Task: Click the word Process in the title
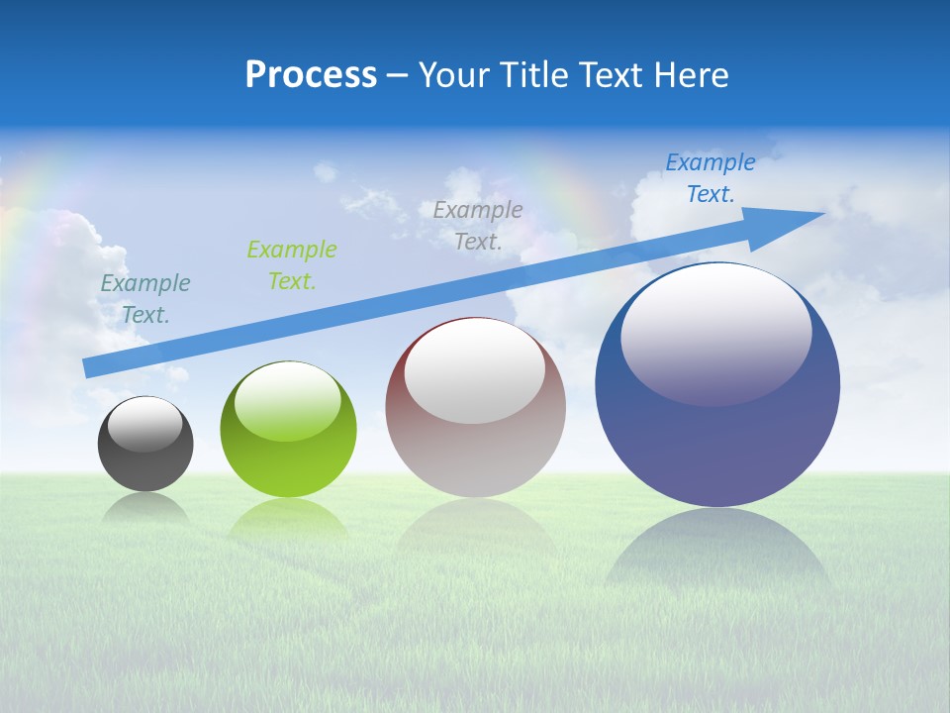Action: click(x=311, y=75)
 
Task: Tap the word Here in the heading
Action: click(x=690, y=75)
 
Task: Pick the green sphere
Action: click(x=288, y=465)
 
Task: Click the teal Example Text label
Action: click(x=145, y=299)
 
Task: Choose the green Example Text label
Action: click(x=292, y=264)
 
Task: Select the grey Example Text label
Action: click(x=478, y=225)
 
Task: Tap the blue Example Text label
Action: click(x=711, y=178)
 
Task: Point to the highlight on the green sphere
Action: click(x=288, y=404)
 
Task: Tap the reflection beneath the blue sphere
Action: click(x=717, y=550)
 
